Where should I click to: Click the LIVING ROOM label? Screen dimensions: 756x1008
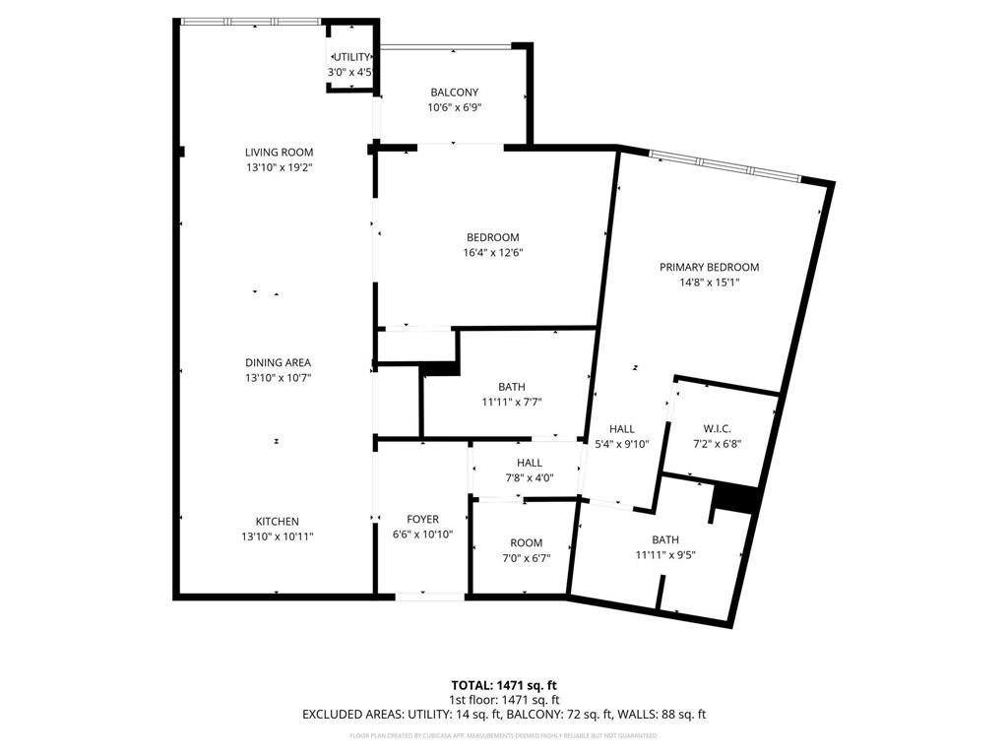(279, 152)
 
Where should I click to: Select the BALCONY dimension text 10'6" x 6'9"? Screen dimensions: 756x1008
(454, 108)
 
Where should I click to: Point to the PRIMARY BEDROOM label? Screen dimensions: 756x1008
(709, 267)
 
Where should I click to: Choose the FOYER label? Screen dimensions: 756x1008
(422, 519)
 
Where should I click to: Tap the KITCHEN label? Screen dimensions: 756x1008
(278, 521)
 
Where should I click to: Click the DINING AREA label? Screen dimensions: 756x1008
(278, 362)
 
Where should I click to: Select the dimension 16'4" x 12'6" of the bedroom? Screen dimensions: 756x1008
(493, 252)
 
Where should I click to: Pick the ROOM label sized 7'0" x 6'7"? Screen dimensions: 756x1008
(526, 542)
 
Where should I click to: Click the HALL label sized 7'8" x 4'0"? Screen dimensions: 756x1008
(529, 463)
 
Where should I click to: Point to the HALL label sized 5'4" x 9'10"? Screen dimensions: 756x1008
(621, 428)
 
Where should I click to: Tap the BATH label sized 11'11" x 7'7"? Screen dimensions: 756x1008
(512, 387)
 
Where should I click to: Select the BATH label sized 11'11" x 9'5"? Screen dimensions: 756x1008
(665, 539)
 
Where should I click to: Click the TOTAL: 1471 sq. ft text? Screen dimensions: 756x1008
(503, 684)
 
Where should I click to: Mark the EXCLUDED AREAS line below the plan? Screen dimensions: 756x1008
(503, 715)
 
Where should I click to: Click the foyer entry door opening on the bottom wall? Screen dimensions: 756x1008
(430, 596)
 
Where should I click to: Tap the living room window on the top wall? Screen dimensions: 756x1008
(250, 21)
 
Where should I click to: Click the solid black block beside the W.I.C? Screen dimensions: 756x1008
(735, 498)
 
